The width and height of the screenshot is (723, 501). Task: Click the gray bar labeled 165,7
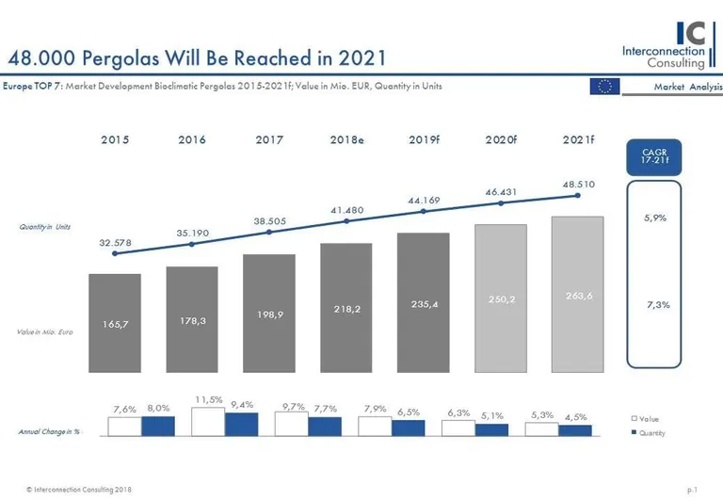[115, 322]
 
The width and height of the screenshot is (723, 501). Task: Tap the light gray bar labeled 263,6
[578, 294]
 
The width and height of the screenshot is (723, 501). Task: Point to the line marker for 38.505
[269, 232]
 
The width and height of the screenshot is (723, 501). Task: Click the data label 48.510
[578, 185]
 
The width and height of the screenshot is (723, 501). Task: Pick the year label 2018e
[346, 139]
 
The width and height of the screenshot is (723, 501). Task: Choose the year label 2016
[192, 139]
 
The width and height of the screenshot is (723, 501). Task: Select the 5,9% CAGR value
[655, 218]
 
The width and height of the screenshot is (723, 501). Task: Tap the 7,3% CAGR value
[659, 304]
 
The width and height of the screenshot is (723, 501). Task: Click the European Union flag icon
[604, 87]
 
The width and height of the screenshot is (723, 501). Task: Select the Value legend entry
[649, 417]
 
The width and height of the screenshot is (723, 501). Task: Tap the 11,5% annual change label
[209, 400]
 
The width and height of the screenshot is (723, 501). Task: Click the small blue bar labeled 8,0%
[158, 426]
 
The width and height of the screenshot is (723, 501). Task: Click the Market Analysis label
[688, 87]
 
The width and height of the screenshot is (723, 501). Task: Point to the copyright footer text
[79, 490]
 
